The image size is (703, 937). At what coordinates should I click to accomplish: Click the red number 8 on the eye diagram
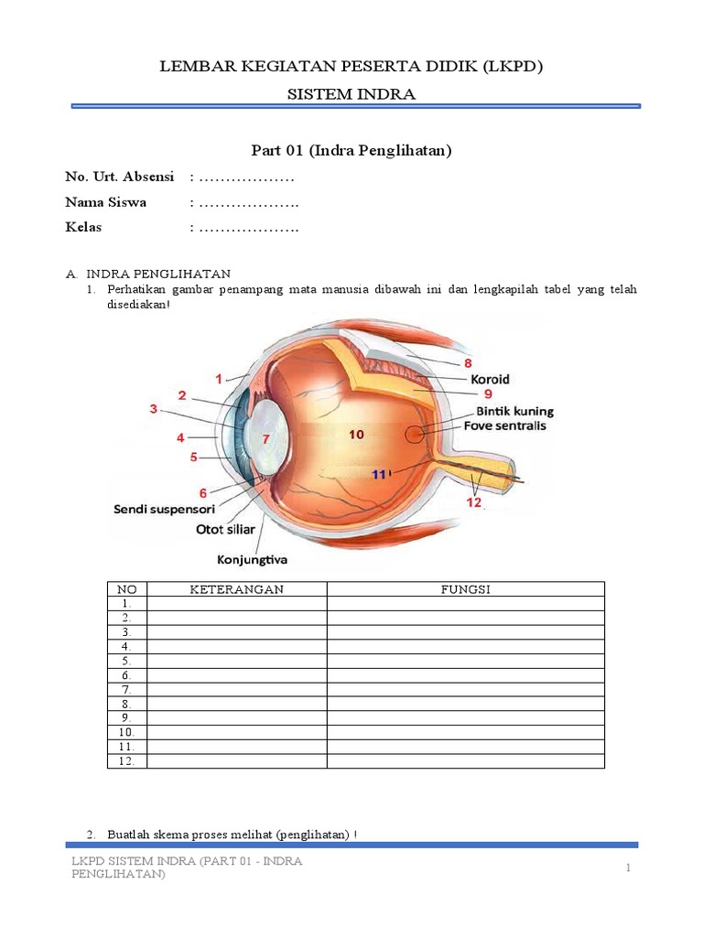point(468,362)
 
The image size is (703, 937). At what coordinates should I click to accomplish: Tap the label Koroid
point(490,379)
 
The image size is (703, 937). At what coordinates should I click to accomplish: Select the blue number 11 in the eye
point(379,475)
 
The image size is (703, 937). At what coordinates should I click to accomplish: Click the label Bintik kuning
point(514,411)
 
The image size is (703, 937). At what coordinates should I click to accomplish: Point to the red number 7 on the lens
point(266,439)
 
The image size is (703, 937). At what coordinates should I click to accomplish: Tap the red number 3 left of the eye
point(154,408)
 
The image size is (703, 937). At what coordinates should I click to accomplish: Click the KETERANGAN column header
point(236,589)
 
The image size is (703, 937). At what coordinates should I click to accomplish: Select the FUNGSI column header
point(466,589)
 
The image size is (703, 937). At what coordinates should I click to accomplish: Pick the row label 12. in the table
point(126,760)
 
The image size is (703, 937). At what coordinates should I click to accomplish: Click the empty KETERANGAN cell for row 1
point(236,604)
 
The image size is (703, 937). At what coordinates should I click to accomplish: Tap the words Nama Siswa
point(105,202)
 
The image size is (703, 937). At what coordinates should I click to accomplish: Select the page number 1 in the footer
point(629,867)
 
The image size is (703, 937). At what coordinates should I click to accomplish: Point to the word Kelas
point(83,227)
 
